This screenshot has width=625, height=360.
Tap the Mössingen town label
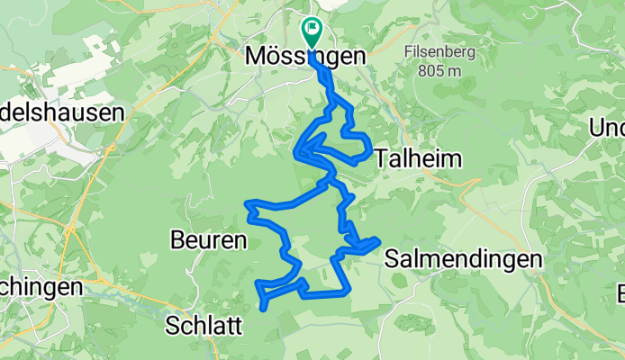(306, 56)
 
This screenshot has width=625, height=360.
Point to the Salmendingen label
(463, 259)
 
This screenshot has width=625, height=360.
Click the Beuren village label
(208, 240)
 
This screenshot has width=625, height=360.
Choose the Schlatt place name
(204, 325)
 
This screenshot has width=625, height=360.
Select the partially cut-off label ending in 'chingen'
(41, 287)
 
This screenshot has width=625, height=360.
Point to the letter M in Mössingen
(255, 56)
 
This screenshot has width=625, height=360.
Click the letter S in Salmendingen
(391, 259)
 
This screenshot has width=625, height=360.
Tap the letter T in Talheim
(380, 158)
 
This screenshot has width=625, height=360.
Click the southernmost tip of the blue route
(263, 309)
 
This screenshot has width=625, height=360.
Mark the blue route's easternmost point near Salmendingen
(376, 240)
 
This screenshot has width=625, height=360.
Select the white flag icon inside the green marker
(312, 29)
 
